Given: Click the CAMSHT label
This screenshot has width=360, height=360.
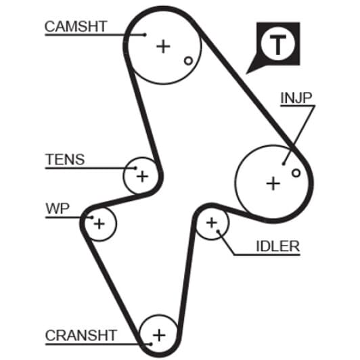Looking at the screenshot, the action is point(76,26).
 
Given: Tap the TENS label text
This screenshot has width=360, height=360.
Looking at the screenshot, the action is point(65,159).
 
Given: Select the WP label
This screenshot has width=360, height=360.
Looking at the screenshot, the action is point(58,208).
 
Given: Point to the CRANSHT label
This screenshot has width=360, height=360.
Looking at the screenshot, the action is point(81,336).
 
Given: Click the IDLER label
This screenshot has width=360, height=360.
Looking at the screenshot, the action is point(278,246).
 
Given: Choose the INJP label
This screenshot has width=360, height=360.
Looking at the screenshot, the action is point(296,97).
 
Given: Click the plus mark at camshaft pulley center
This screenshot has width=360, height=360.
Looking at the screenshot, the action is point(163,47).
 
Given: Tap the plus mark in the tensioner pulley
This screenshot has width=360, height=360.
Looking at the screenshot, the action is point(142,177).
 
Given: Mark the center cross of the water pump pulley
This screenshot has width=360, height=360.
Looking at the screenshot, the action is point(99,224).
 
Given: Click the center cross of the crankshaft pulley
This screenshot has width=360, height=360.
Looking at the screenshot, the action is point(159,335).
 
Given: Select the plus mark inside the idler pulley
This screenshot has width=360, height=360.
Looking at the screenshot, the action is point(211,223).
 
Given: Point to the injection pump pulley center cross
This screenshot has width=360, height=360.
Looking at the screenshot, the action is point(273,183).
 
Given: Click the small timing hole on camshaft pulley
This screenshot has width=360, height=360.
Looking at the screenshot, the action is point(189,61).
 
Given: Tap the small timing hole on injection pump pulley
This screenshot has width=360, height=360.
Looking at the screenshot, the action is point(296,173).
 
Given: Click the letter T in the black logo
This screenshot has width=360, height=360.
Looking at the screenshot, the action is point(278,45).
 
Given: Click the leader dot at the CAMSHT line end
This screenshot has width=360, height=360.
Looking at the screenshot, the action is point(145,35).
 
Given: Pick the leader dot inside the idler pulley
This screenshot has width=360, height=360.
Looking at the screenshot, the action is point(218,231).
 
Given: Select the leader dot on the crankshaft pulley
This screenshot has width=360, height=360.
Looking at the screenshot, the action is point(151,344).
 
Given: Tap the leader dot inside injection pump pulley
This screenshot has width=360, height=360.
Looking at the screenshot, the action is point(284,164).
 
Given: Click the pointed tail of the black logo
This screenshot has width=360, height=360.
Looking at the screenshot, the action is point(247,73).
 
